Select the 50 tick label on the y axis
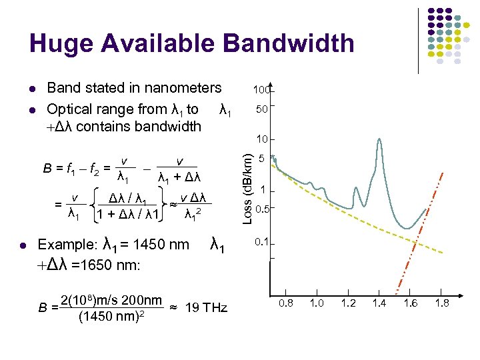tap(263, 108)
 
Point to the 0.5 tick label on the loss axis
tap(262, 209)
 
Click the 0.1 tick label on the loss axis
tap(262, 241)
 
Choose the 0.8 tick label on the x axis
tap(287, 303)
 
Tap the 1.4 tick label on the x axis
tap(379, 303)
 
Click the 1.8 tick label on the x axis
tap(441, 303)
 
